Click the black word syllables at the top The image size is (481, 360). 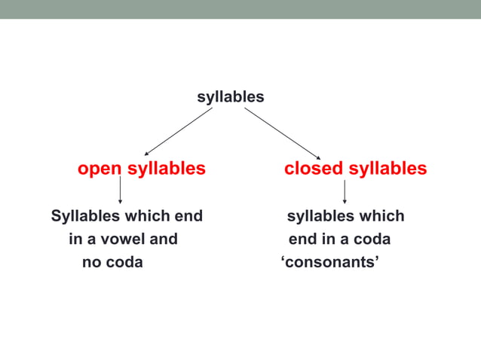(231, 97)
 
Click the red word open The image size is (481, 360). (100, 169)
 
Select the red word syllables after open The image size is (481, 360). (166, 169)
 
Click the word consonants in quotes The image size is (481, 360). (329, 263)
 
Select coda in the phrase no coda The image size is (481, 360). (124, 263)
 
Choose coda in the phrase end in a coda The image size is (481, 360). (372, 239)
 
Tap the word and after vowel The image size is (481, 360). (164, 239)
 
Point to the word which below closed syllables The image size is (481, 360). (383, 216)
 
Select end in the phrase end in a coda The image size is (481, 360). (303, 239)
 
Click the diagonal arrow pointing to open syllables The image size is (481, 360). (178, 131)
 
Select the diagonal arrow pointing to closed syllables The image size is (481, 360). (283, 133)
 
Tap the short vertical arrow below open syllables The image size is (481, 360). (121, 190)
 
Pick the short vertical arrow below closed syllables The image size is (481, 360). (345, 191)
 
